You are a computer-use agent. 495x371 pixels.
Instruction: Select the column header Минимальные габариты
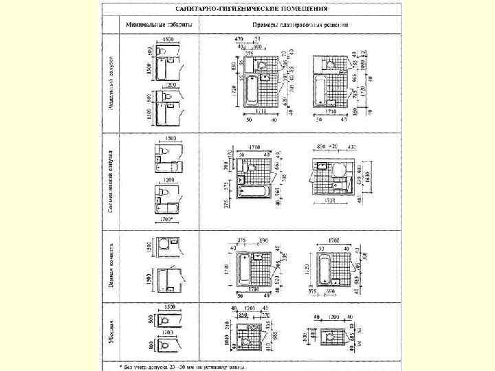[x=159, y=25]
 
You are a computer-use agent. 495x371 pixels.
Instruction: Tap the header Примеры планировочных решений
[x=305, y=25]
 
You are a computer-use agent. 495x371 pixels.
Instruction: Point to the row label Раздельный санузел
[x=111, y=85]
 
